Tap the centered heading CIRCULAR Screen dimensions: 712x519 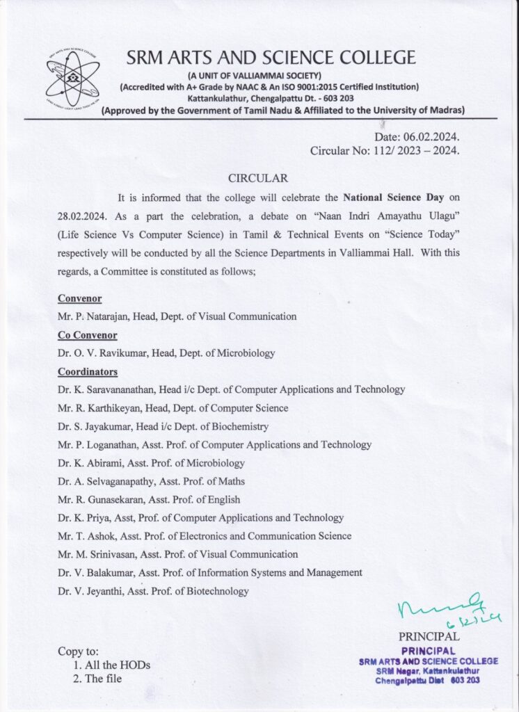coord(258,179)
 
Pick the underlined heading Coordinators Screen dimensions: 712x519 coord(88,371)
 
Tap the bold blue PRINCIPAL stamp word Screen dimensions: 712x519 coord(429,650)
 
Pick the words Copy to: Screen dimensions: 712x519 coord(79,652)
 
